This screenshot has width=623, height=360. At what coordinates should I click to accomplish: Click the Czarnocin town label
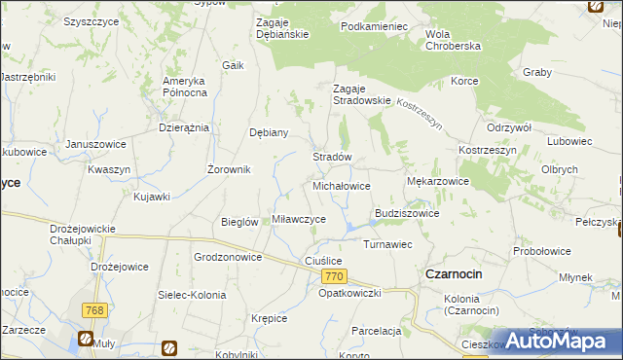454,274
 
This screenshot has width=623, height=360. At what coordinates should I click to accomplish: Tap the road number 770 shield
332,277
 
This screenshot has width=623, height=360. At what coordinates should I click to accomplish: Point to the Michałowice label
341,185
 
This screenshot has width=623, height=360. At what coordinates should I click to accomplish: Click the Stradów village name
331,157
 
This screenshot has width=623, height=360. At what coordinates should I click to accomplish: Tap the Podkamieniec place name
374,26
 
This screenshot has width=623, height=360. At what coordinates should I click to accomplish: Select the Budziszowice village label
407,213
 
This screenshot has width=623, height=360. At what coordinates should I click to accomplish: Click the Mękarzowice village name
437,181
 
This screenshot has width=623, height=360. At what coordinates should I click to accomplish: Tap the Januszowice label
95,144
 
